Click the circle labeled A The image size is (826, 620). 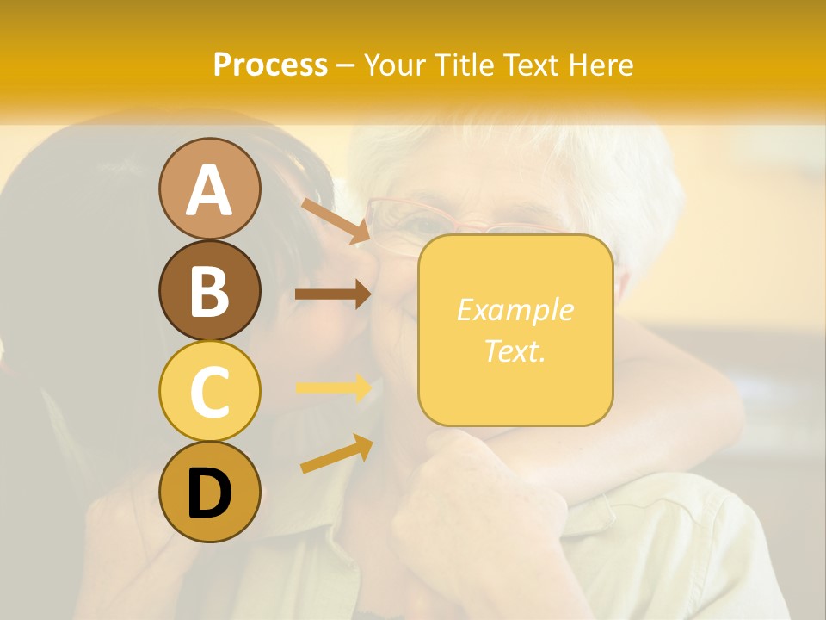[210, 189]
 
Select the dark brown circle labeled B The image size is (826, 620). [210, 290]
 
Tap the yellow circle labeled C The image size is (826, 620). [210, 391]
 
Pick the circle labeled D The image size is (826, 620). [210, 492]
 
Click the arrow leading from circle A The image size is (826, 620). [336, 221]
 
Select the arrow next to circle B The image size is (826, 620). [333, 294]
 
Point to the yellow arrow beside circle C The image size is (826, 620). [333, 388]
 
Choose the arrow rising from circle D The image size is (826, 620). [336, 454]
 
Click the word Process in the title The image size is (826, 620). [270, 65]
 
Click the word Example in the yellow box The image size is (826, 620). [515, 310]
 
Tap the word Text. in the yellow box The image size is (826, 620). [515, 350]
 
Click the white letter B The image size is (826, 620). [210, 291]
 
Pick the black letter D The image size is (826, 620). [210, 493]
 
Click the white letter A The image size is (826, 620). [210, 189]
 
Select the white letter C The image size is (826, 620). [210, 392]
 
